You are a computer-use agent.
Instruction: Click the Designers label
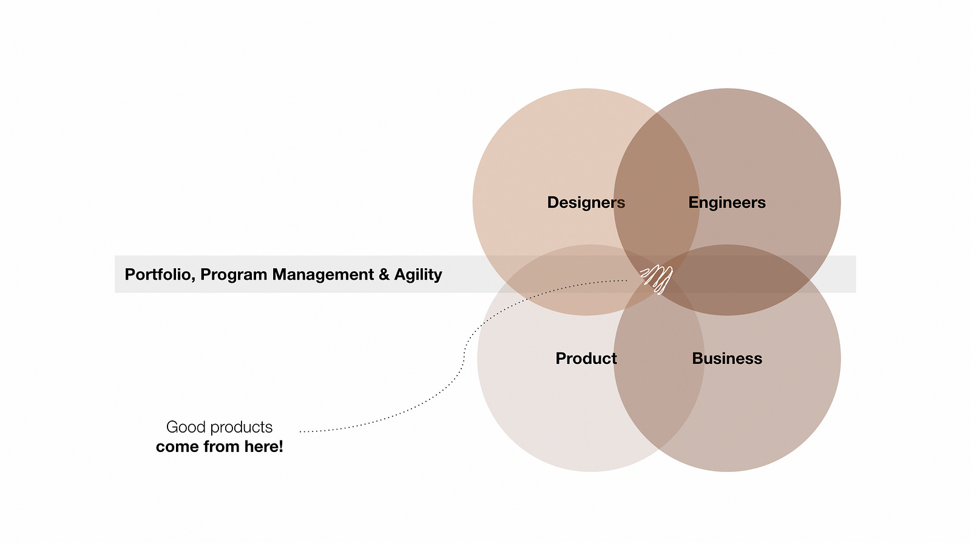(586, 203)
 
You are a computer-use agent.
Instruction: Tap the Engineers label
(726, 203)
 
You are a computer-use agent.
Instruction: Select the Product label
(586, 359)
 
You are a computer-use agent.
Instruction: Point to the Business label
(726, 359)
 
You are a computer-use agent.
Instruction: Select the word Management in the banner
(323, 275)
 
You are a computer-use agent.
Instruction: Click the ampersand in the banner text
(384, 275)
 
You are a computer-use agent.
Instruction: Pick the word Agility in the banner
(418, 275)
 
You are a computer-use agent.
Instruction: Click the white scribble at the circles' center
(657, 278)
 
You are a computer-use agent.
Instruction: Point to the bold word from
(222, 447)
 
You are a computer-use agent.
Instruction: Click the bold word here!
(263, 447)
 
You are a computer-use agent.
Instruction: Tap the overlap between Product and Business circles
(658, 376)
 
